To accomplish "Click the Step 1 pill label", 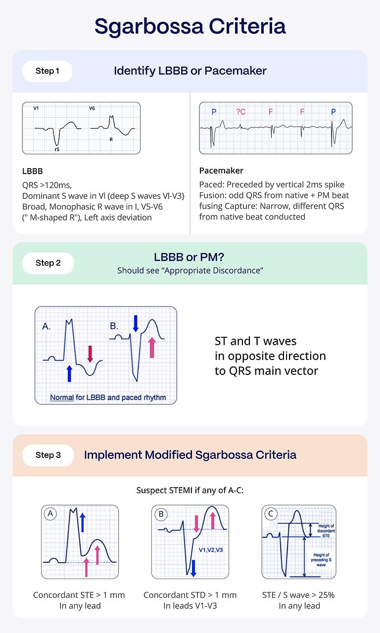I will click(47, 71).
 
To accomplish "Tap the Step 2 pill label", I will click(48, 263).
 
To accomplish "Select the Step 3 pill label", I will click(48, 455).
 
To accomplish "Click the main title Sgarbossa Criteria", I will click(190, 26).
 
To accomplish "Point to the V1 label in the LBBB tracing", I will click(36, 108).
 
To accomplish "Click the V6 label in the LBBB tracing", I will click(92, 108).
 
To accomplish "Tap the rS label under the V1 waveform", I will click(57, 148).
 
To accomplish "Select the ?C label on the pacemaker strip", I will click(241, 112).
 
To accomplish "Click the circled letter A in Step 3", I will click(50, 514).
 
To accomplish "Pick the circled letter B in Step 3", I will click(161, 514).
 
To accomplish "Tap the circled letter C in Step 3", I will click(270, 514).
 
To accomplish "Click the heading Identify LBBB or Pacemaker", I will click(190, 71).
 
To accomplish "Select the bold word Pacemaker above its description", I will click(221, 171).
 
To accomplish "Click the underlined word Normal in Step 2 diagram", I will click(62, 397).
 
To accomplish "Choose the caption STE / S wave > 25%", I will click(298, 595).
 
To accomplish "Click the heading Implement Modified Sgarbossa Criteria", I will click(190, 454).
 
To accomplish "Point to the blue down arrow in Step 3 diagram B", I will click(193, 567).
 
